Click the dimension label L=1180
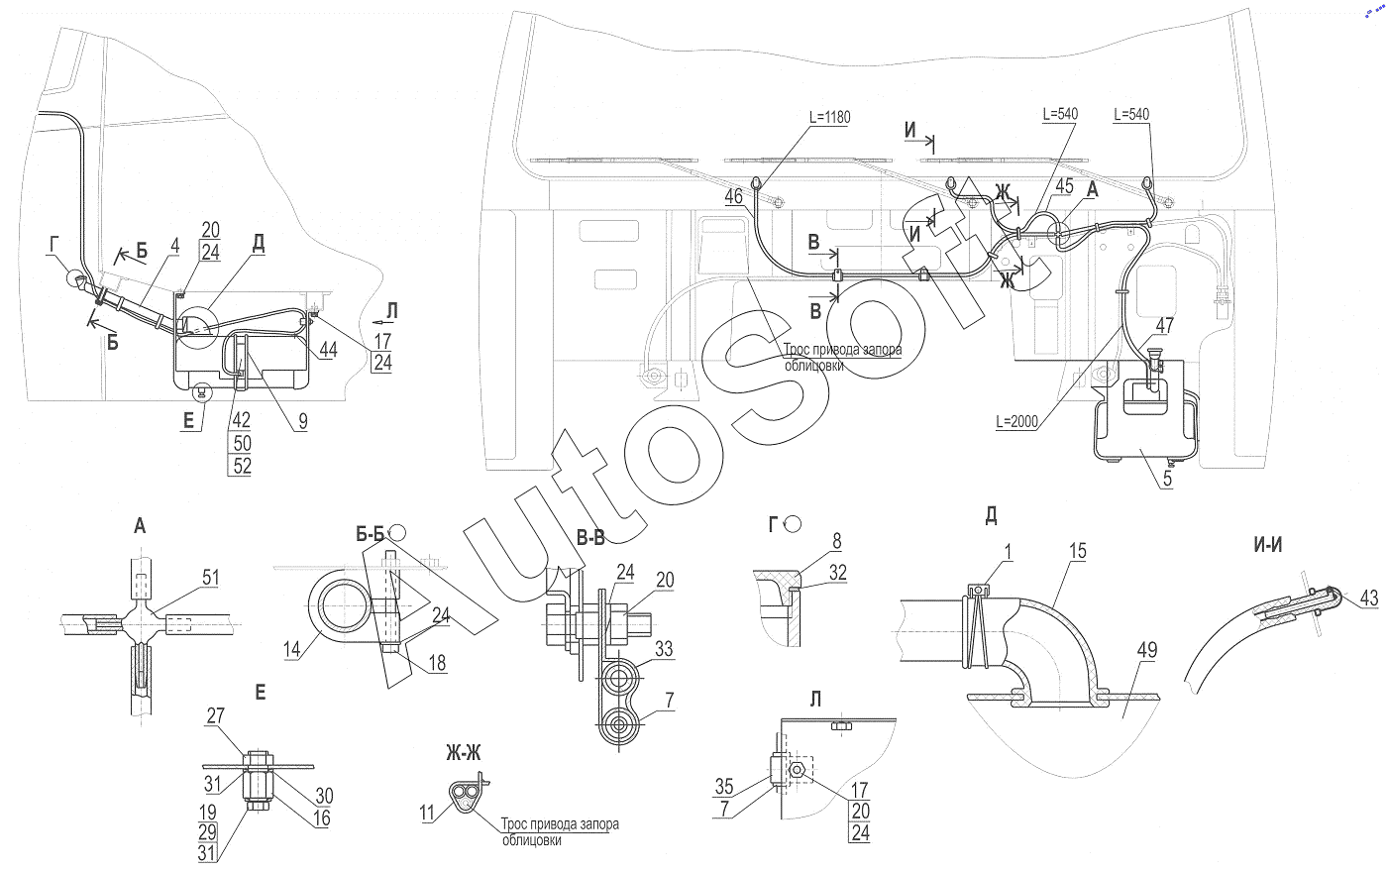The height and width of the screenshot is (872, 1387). [830, 117]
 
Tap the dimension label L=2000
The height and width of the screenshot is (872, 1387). [1016, 422]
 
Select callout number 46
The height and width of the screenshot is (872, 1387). [734, 197]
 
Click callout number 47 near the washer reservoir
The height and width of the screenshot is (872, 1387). [1165, 326]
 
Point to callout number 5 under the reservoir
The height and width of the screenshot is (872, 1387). [1167, 478]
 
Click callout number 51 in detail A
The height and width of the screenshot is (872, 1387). [210, 577]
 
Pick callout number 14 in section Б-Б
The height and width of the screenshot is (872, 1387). [291, 649]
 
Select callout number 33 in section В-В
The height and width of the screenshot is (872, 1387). [664, 649]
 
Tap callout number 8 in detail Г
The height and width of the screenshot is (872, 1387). [836, 541]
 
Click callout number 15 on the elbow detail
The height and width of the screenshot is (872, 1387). [1078, 551]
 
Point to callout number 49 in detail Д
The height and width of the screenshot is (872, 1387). [1147, 650]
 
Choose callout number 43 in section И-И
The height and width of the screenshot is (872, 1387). [1369, 598]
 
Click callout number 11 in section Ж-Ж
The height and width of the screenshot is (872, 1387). [427, 813]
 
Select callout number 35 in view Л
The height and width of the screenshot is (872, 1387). [724, 787]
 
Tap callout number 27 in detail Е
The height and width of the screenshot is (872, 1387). [216, 715]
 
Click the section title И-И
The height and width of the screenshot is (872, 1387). [1267, 545]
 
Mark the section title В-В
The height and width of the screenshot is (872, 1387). [590, 538]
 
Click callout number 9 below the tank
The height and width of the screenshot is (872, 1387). [303, 421]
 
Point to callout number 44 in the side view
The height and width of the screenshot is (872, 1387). [328, 349]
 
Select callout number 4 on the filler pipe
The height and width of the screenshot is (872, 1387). [174, 246]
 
